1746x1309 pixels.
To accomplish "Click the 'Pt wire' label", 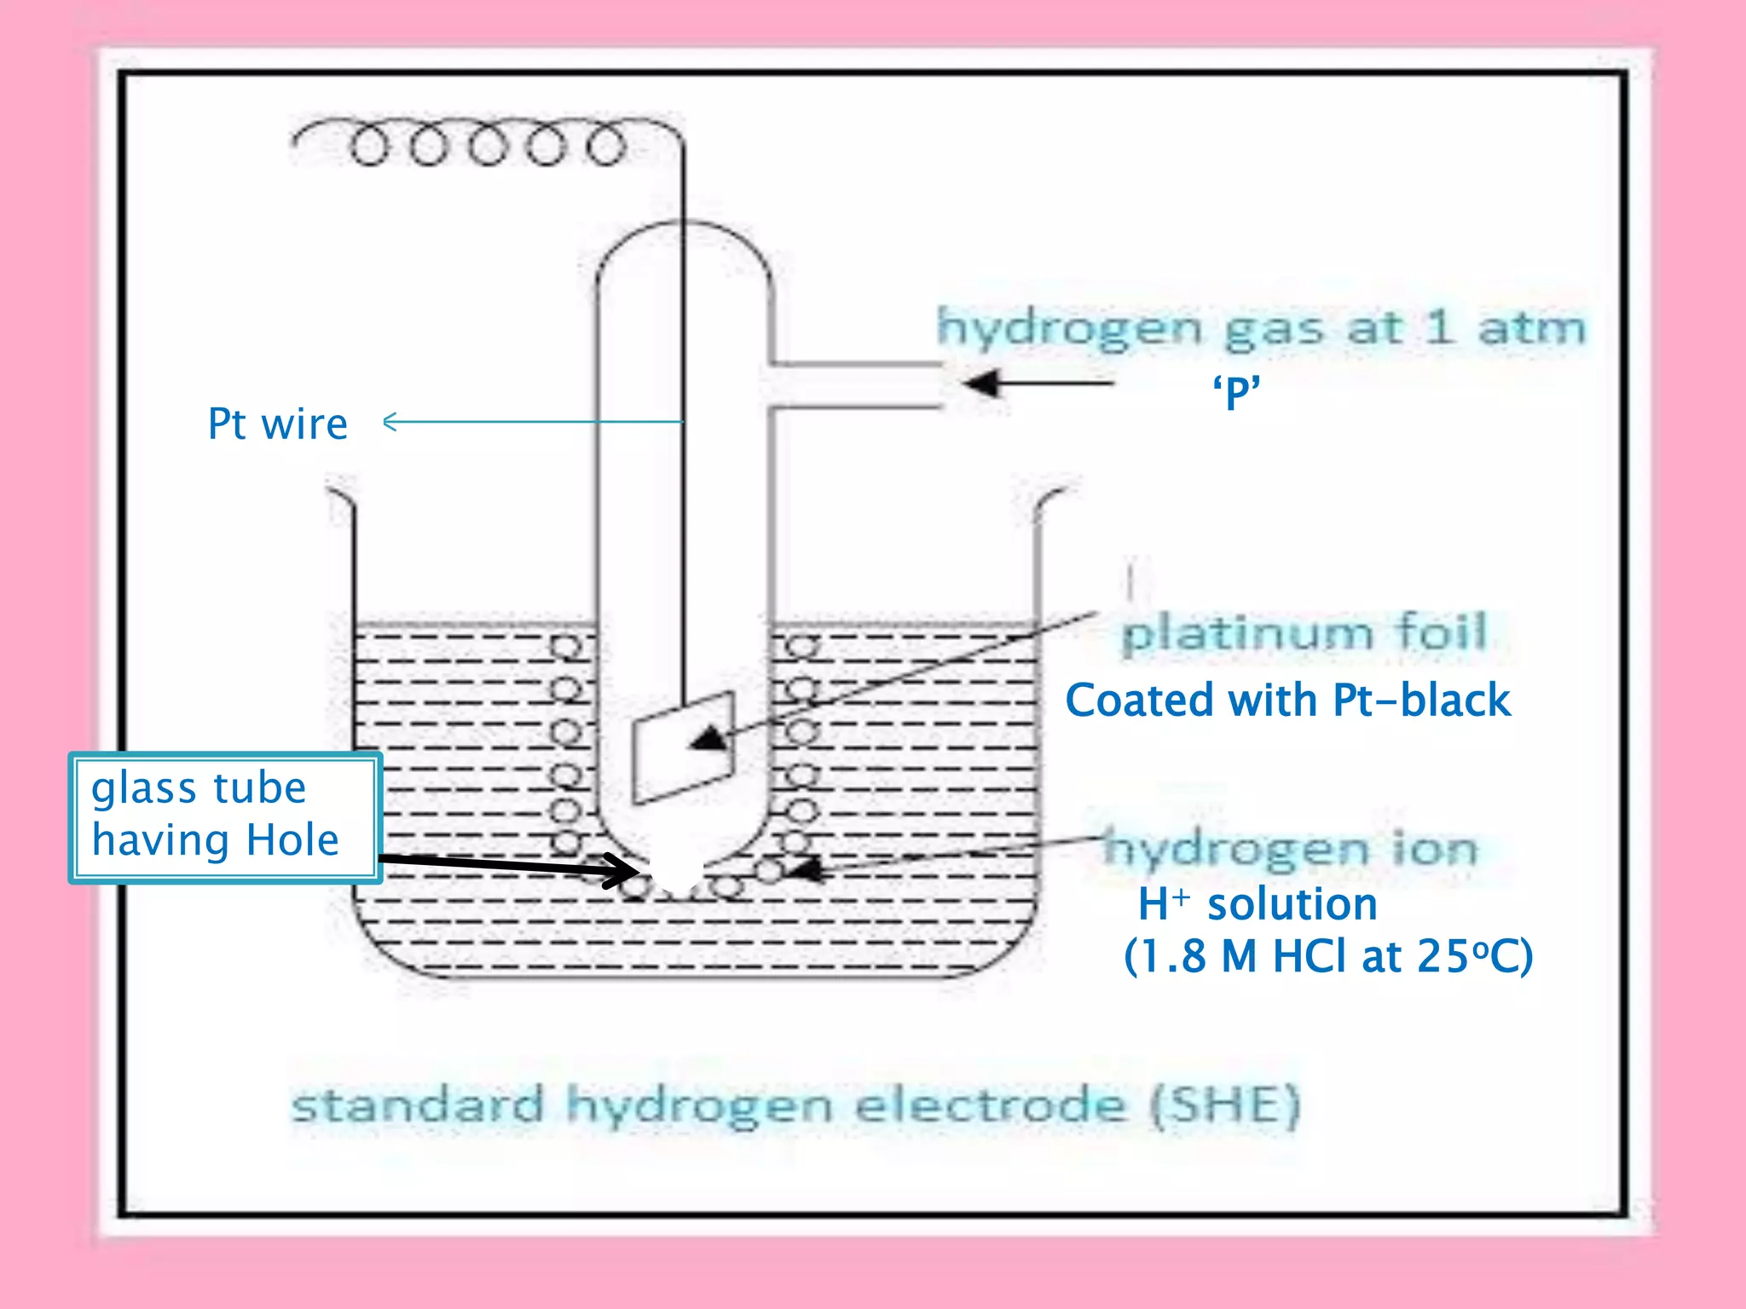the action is tap(278, 424).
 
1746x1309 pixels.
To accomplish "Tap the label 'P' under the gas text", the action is tap(1236, 393).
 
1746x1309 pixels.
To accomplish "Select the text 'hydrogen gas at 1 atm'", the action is tap(1261, 328).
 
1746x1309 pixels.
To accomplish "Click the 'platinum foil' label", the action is tap(1304, 633).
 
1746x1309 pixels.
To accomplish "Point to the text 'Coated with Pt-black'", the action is tap(1287, 701).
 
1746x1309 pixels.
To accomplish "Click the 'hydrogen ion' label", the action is tap(1291, 849).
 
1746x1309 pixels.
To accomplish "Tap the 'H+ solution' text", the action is tap(1257, 904).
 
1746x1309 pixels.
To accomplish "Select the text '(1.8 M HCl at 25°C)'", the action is tap(1327, 956).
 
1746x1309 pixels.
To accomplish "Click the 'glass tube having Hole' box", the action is tap(225, 816).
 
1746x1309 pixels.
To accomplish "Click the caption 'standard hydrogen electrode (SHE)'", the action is tap(795, 1106).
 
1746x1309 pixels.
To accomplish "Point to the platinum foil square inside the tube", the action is tap(682, 748).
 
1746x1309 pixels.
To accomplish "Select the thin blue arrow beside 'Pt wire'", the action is tap(532, 421).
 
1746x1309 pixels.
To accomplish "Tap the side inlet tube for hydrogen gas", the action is tap(857, 386).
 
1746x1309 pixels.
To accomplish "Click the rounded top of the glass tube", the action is tap(683, 243).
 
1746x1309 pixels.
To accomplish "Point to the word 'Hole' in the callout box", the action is tap(292, 840).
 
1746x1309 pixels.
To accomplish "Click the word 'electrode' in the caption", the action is tap(991, 1106).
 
